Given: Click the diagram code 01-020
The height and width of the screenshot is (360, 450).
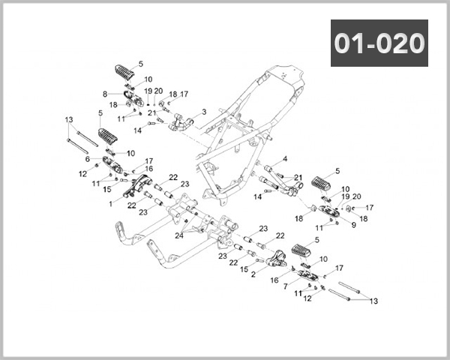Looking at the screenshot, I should coord(379,43).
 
